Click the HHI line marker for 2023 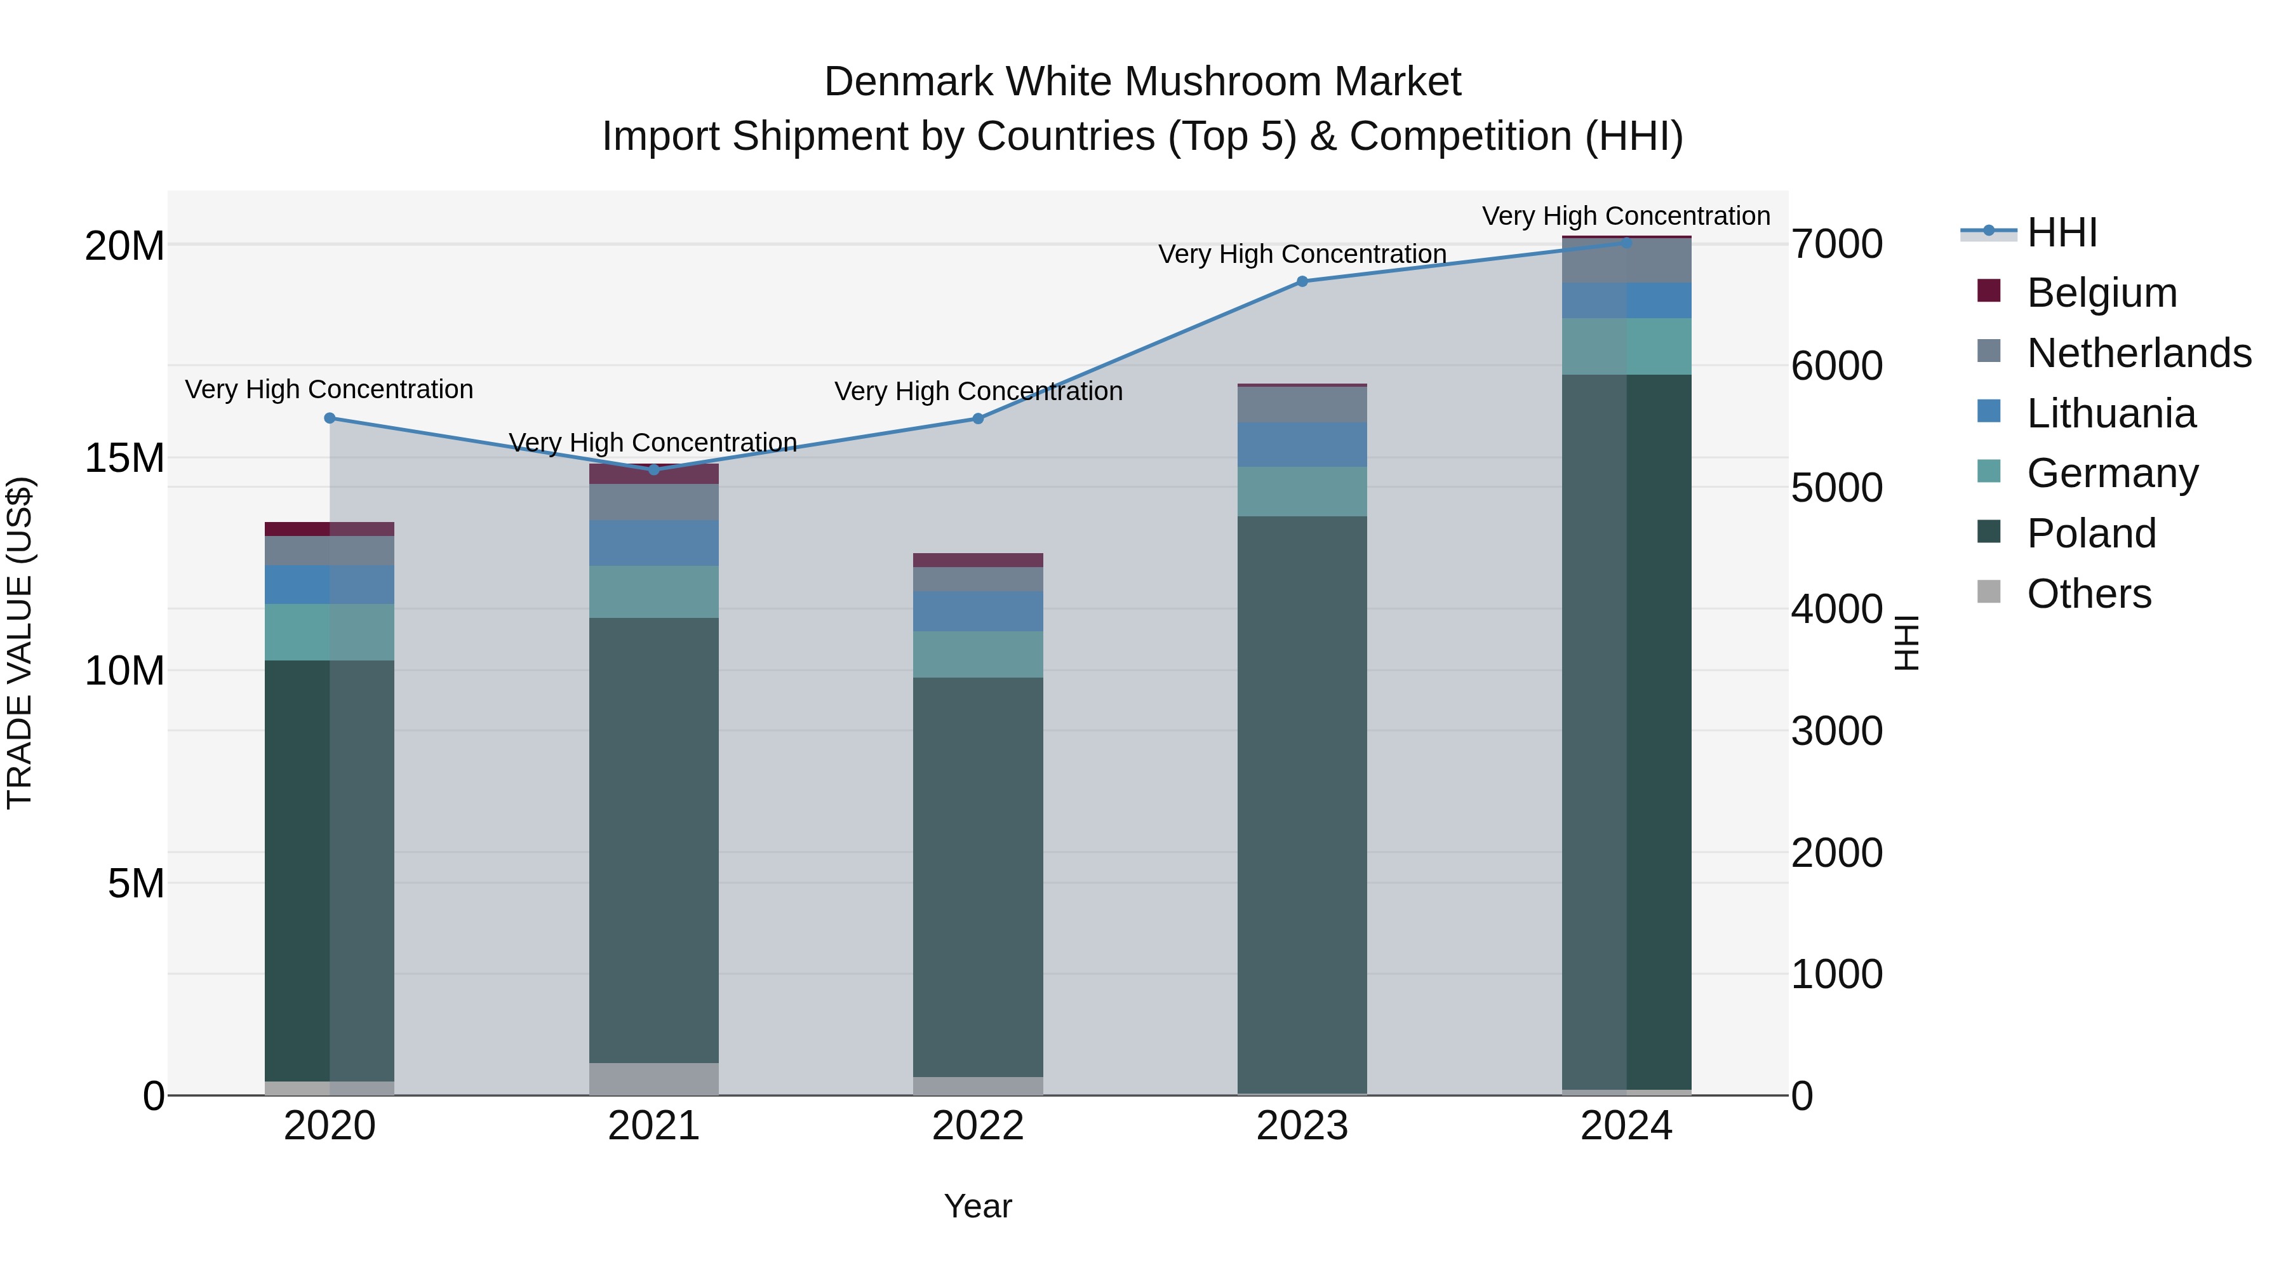coord(1302,281)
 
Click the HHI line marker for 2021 coord(654,469)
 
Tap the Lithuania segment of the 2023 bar coord(1302,445)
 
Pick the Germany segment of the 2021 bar coord(654,592)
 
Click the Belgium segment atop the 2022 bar coord(978,560)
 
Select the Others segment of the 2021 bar coord(654,1078)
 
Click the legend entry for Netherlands coord(2139,353)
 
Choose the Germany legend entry coord(2112,473)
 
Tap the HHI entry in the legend coord(2061,232)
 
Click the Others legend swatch coord(1989,592)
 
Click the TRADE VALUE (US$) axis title coord(20,643)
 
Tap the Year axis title coord(977,1206)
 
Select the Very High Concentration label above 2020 coord(329,390)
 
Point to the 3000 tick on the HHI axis coord(1836,732)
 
